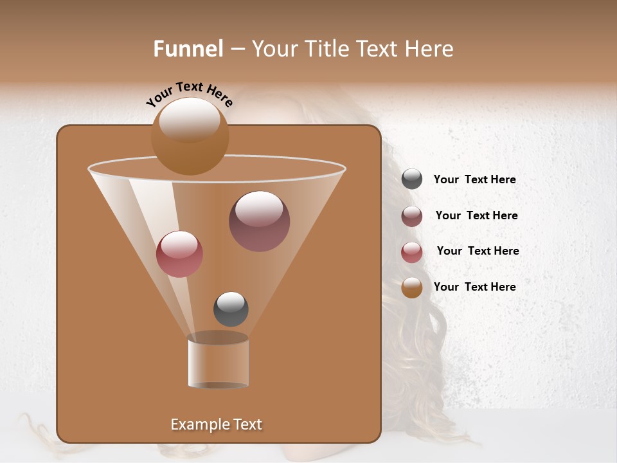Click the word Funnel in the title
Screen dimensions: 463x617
(x=188, y=49)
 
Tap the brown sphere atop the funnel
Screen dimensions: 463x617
(x=190, y=136)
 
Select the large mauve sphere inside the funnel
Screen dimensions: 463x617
(x=259, y=221)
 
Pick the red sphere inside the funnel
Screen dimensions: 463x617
(x=179, y=254)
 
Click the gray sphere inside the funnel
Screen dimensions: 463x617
(x=231, y=309)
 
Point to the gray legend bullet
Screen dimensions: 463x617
(x=412, y=179)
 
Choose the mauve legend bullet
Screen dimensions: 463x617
(x=412, y=216)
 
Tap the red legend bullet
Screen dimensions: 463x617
(x=412, y=252)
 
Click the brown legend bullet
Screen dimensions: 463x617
(x=412, y=287)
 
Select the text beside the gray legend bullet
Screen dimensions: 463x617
(x=474, y=179)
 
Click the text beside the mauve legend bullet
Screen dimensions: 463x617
(x=476, y=215)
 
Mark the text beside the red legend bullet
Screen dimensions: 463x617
(x=478, y=251)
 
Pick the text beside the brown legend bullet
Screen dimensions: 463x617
(x=474, y=287)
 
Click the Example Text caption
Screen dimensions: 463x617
(x=216, y=424)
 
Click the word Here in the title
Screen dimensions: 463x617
(x=429, y=49)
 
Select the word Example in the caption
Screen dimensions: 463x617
(x=196, y=424)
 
